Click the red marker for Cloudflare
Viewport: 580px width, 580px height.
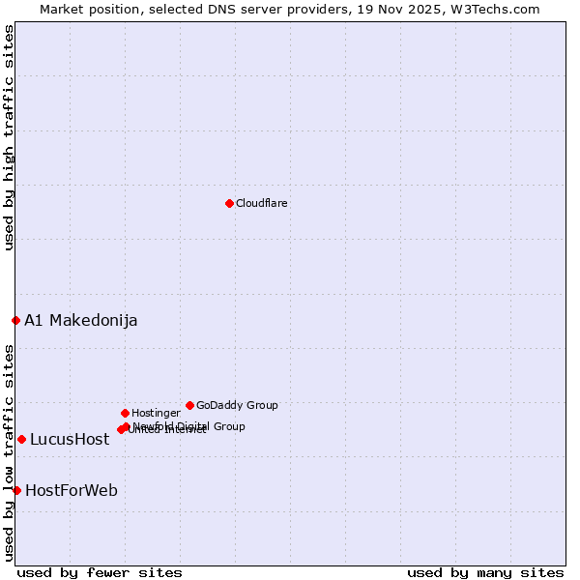coord(229,203)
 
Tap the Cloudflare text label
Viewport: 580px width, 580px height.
coord(261,203)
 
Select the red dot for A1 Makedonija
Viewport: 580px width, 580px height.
coord(15,320)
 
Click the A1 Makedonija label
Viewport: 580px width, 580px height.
coord(80,320)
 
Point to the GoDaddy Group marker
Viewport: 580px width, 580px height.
coord(189,405)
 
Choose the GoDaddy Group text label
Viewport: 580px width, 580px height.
coord(237,405)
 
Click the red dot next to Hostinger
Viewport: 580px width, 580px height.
coord(125,413)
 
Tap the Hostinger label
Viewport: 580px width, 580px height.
coord(156,413)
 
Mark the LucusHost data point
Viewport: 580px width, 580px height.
coord(21,439)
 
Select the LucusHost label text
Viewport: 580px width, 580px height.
coord(70,439)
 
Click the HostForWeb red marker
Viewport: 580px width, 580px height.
coord(16,490)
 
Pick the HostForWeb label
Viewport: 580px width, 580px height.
coord(72,490)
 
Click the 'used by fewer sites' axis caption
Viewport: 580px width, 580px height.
coord(100,572)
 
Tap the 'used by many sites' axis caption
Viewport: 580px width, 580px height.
coord(485,572)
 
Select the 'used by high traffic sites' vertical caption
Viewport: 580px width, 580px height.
coord(9,137)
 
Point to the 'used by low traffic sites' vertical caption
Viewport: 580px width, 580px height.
coord(9,452)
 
